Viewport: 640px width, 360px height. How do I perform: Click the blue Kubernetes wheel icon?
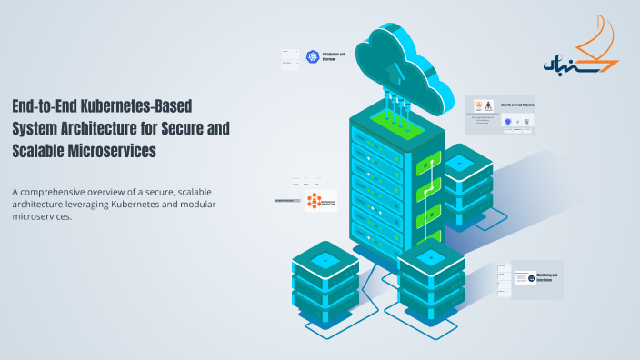pos(314,57)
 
